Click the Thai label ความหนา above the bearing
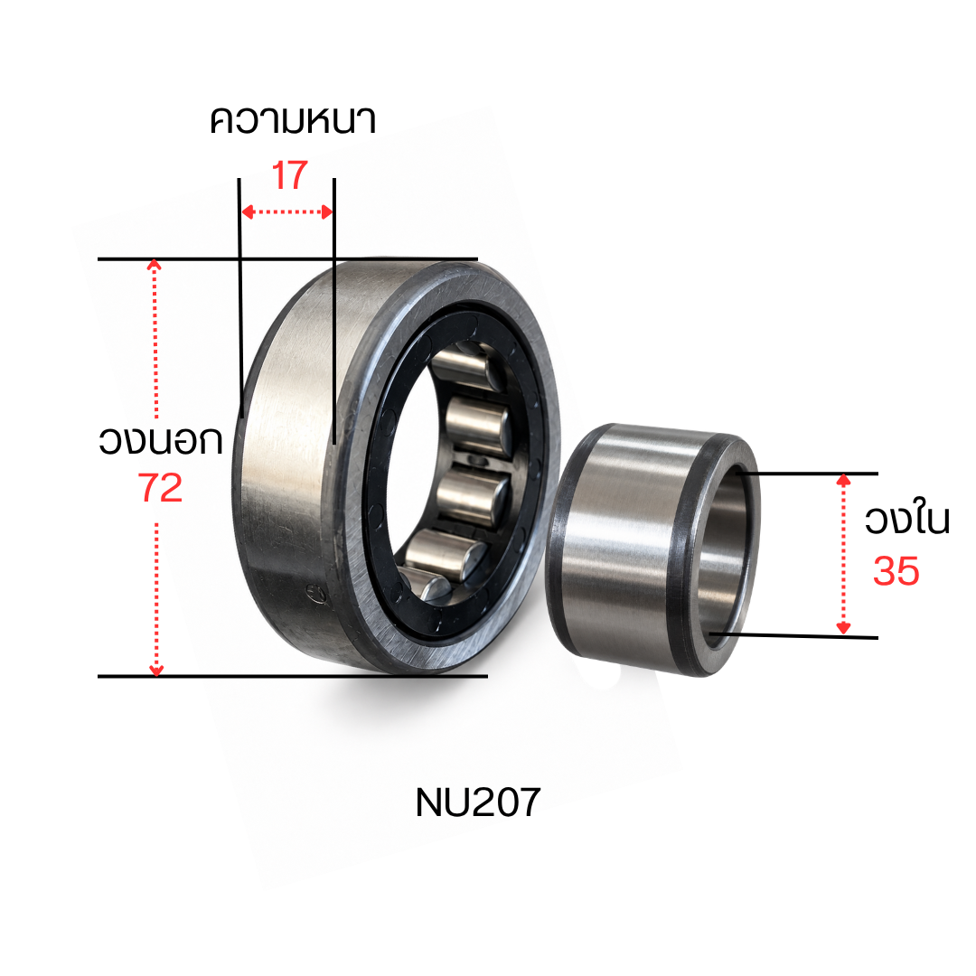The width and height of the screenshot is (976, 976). point(293,121)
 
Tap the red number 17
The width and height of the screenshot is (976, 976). point(289,175)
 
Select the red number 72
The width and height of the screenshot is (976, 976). point(160,487)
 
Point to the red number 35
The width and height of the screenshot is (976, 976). point(896,571)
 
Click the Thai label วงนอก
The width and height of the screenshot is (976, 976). point(161,440)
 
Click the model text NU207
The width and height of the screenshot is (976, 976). point(477,802)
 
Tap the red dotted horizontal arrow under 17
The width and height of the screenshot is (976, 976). point(287,212)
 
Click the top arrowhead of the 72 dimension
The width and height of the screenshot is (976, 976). point(155,265)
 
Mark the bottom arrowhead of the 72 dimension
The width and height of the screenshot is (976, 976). point(156,670)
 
